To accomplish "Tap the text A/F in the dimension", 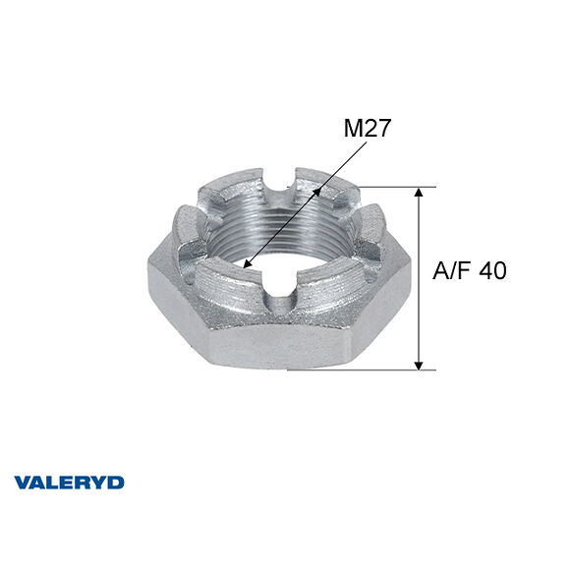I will pyautogui.click(x=452, y=271).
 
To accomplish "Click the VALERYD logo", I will pyautogui.click(x=69, y=483).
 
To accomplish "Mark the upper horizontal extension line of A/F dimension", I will pyautogui.click(x=387, y=187).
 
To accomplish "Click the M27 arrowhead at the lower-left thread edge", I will pyautogui.click(x=246, y=264).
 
